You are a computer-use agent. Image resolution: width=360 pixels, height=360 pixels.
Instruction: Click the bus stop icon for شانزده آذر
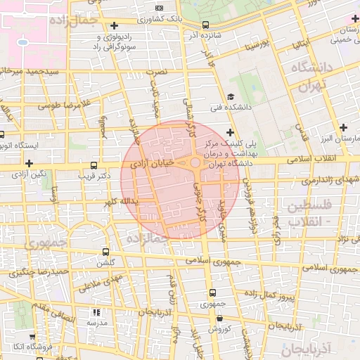tap(205, 24)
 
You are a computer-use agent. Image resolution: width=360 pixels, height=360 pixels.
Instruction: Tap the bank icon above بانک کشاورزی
tap(159, 8)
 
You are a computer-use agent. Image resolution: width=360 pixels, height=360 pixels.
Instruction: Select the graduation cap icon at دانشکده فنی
tap(231, 98)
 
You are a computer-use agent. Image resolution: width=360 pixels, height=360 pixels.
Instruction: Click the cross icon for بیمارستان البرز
tap(342, 127)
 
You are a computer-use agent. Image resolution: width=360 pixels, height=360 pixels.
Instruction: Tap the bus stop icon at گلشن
tap(105, 251)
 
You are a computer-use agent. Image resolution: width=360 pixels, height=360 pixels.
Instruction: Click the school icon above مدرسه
tap(96, 311)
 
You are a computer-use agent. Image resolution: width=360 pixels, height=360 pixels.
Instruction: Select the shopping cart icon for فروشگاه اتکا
tap(13, 347)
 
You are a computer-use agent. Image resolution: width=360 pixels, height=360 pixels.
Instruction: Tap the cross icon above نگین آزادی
tap(29, 163)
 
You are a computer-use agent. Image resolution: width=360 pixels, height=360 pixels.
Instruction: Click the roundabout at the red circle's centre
tap(195, 162)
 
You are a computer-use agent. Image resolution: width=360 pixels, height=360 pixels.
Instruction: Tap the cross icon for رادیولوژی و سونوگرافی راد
tap(114, 25)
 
